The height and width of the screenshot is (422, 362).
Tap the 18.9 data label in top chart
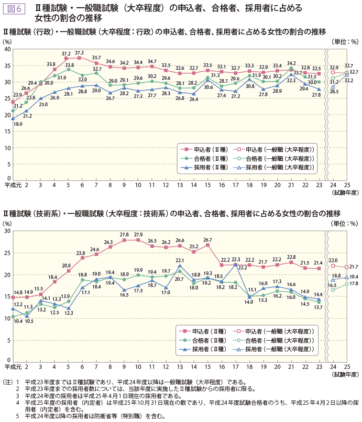pyautogui.click(x=18, y=124)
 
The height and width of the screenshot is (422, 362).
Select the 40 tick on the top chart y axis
pyautogui.click(x=7, y=49)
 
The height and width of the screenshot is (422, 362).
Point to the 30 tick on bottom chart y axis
pyautogui.click(x=7, y=231)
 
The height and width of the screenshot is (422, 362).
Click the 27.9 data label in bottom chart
pyautogui.click(x=138, y=234)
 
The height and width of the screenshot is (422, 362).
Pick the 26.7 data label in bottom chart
pyautogui.click(x=208, y=239)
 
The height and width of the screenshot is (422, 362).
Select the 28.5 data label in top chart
pyautogui.click(x=334, y=91)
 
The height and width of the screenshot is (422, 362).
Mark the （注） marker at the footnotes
pyautogui.click(x=7, y=382)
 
